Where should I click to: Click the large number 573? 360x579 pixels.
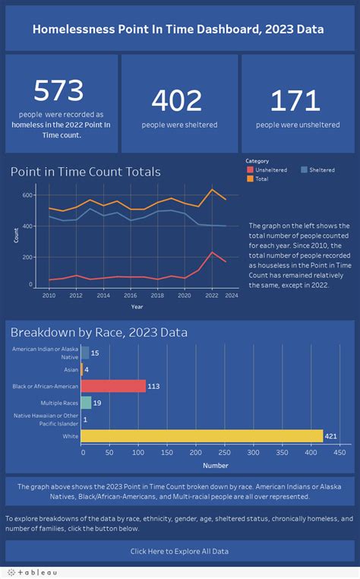coord(58,91)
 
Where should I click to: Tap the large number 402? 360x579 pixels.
coord(176,100)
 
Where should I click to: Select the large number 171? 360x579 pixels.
coord(296,100)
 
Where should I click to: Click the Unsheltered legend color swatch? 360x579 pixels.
coord(250,170)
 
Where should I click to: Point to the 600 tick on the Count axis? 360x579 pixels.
coord(27,195)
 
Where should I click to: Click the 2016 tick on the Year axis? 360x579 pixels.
coord(130,295)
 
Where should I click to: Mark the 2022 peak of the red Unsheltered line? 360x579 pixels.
coord(213,252)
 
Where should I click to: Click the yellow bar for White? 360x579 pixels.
coord(201,435)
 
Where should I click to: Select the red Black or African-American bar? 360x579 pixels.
coord(113,386)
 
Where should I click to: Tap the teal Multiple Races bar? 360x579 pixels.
coord(86,403)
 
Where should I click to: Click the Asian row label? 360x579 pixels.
coord(70,370)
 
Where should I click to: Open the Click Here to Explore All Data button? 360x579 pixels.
coord(179,551)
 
